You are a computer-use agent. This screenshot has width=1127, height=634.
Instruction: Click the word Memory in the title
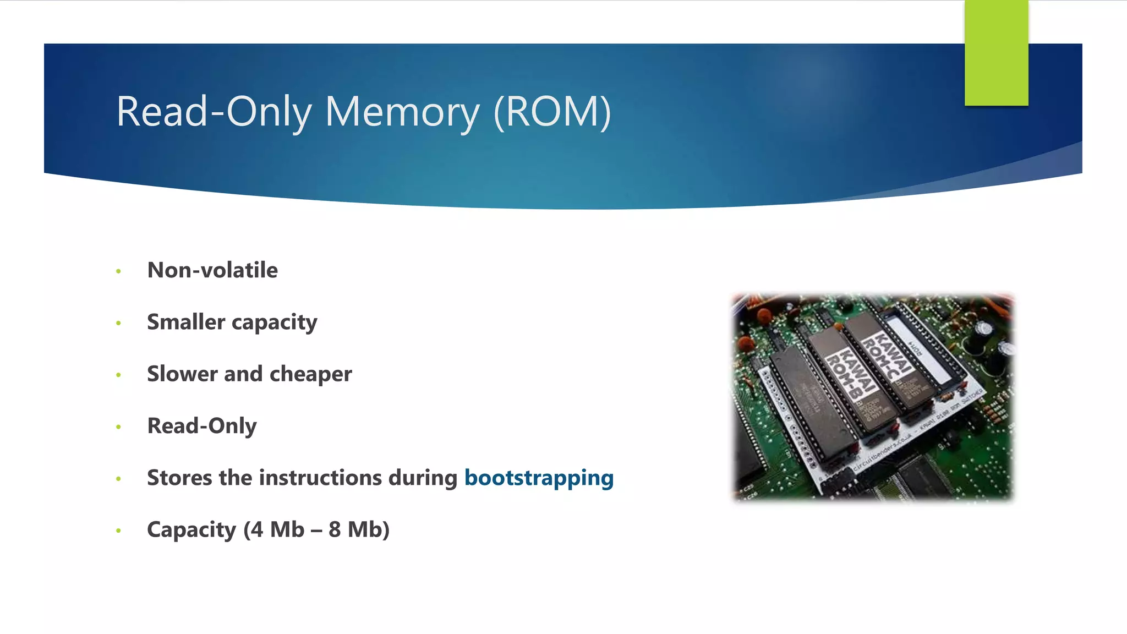402,112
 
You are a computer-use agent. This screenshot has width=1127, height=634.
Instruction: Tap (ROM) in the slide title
552,112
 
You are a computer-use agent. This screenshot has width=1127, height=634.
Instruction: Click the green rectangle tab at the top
996,53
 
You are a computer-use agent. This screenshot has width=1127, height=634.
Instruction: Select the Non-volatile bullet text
212,270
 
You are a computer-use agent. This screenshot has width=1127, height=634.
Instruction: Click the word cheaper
311,374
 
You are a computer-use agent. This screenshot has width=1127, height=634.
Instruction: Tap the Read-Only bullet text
202,426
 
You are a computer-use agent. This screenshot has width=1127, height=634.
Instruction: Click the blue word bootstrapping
539,478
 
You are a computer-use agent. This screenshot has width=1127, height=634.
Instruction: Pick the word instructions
320,478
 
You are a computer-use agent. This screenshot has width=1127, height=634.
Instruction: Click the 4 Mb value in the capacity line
274,529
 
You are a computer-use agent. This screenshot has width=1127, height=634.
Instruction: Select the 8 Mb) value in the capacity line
359,529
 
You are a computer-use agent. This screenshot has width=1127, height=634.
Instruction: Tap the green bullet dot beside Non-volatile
118,271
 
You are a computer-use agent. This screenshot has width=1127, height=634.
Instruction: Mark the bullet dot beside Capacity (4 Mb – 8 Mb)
118,531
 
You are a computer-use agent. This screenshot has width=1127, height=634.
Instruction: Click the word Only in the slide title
269,112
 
